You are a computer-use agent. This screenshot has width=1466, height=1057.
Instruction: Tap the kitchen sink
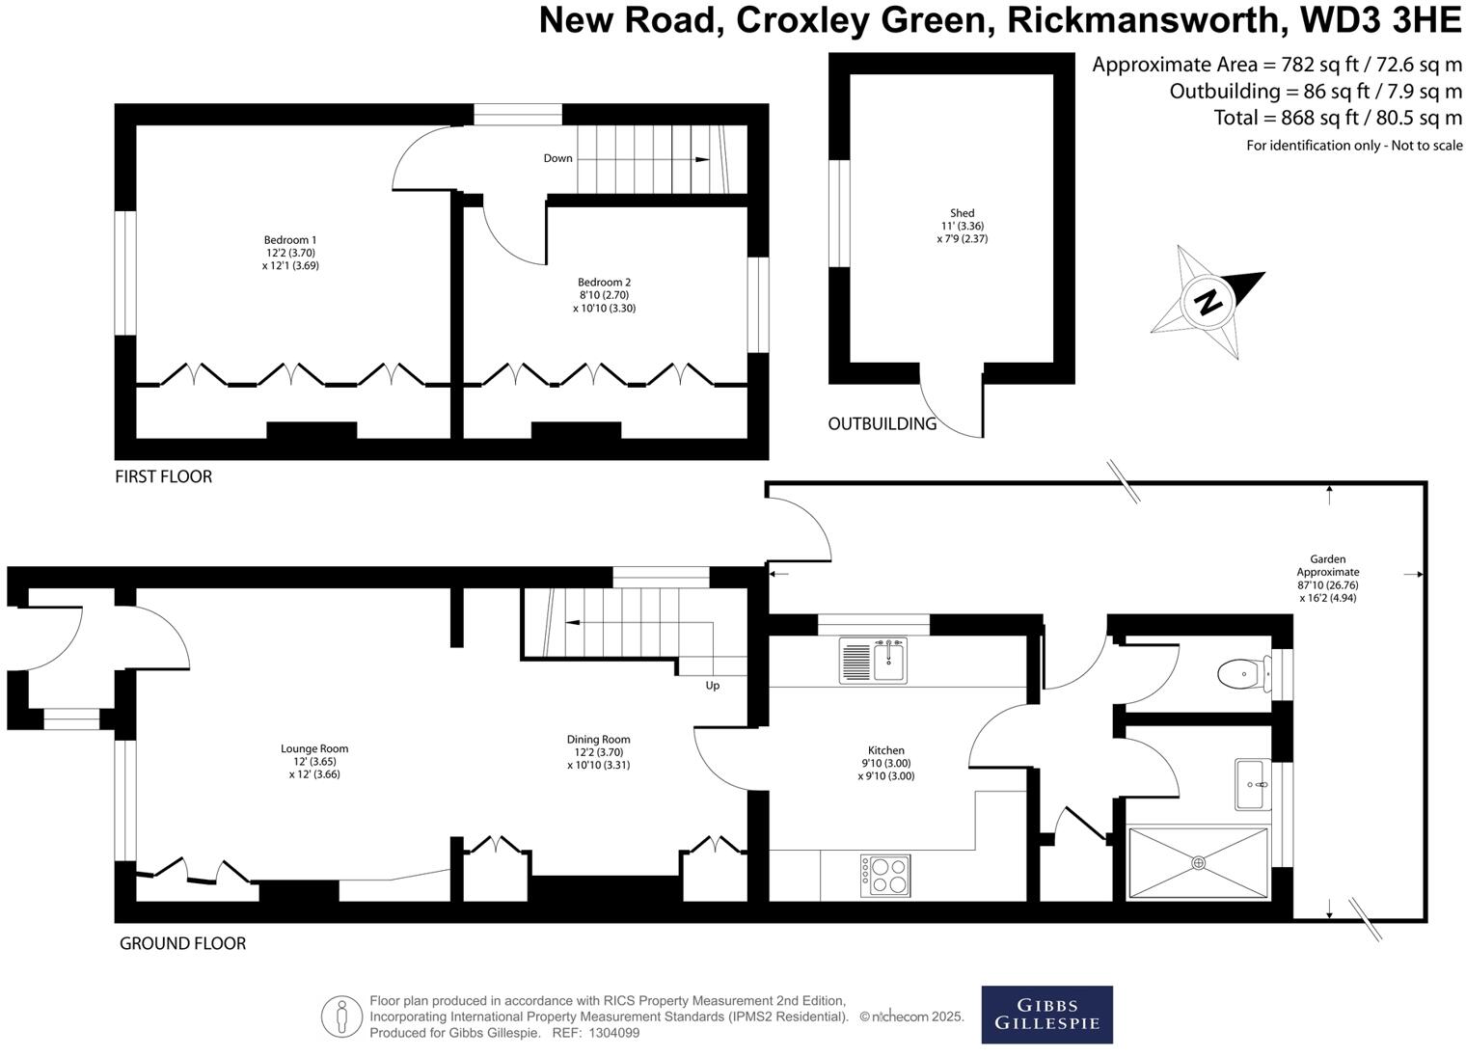coord(874,661)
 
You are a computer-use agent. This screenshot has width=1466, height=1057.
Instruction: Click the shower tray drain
coord(1198,862)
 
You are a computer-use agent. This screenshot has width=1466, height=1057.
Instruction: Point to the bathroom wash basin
coord(1253,784)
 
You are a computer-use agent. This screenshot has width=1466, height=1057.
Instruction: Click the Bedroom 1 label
coord(290,240)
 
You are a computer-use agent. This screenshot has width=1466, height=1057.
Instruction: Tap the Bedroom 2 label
coord(604,283)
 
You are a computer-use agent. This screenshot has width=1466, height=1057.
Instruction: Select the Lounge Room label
coord(314,748)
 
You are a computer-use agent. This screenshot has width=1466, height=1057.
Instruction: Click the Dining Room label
coord(598,740)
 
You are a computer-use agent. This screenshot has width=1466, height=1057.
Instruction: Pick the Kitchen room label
coord(886,750)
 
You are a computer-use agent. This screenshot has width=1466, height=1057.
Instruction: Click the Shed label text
coord(962,213)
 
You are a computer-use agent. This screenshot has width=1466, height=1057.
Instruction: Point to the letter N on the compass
coord(1206,302)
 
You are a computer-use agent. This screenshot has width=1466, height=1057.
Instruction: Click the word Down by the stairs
coord(557,158)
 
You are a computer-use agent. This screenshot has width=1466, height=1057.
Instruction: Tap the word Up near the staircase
coord(713,686)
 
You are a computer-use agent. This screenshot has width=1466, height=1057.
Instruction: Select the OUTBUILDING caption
coord(882,423)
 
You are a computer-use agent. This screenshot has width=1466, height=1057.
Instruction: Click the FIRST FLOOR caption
coord(163,476)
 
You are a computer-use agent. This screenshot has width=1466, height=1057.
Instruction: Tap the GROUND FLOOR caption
coord(182,943)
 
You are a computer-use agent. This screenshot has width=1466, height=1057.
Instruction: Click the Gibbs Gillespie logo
coord(1046,1015)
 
